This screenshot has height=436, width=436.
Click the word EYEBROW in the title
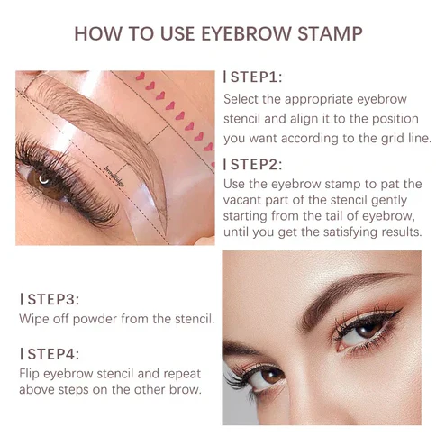click(x=246, y=33)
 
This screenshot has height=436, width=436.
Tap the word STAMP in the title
click(x=330, y=33)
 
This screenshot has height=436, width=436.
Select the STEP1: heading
click(x=253, y=77)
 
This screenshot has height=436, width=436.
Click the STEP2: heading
click(x=253, y=165)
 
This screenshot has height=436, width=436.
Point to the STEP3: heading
click(x=50, y=299)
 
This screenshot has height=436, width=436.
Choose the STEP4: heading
click(x=50, y=354)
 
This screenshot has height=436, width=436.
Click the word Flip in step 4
click(x=30, y=374)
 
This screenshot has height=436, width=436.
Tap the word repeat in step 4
click(x=182, y=375)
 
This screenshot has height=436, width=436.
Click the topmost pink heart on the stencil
click(x=141, y=77)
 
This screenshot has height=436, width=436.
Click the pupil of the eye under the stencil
click(x=43, y=179)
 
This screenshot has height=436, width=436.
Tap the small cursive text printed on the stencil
click(x=114, y=177)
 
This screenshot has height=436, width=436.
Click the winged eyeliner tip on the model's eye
click(x=401, y=311)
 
